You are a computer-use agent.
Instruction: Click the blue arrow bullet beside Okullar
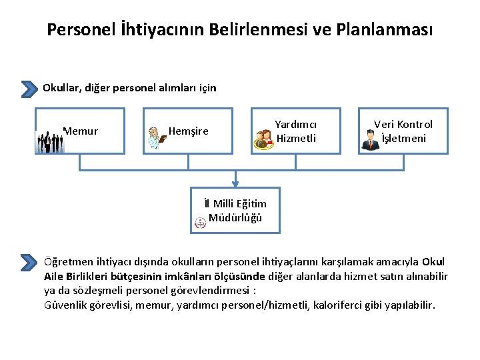coord(29,89)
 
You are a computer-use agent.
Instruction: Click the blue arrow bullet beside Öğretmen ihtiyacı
coord(29,262)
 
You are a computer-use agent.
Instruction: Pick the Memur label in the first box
coord(81,131)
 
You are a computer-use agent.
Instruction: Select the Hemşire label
coord(188,131)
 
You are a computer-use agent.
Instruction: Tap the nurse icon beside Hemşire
coord(157,136)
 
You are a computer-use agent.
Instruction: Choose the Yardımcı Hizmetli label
coord(296,131)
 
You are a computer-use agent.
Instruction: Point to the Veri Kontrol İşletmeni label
coord(403,131)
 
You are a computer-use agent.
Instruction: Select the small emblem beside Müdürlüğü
coord(200,223)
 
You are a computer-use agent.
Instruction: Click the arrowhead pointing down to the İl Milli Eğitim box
coord(235,183)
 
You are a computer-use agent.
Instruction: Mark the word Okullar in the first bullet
coord(61,87)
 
